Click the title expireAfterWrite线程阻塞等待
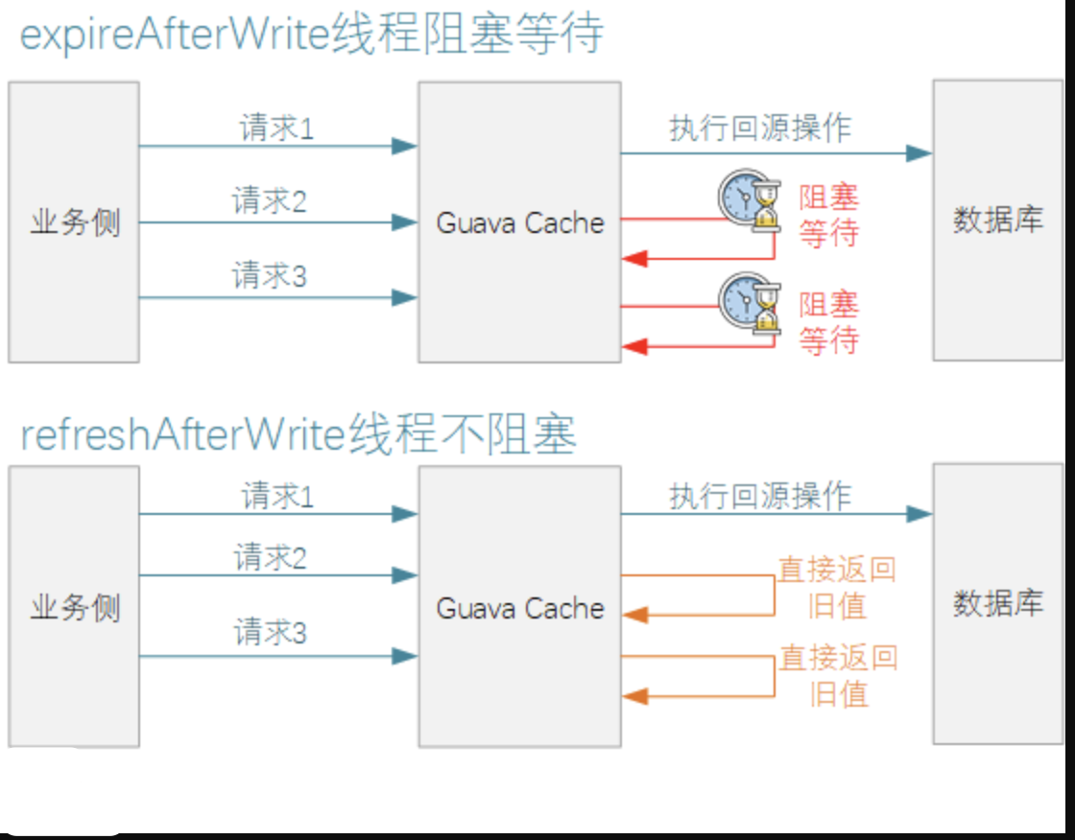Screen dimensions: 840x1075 pyautogui.click(x=312, y=35)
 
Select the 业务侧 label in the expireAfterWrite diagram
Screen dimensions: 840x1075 pyautogui.click(x=75, y=222)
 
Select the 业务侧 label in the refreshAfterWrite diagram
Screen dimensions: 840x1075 pyautogui.click(x=75, y=608)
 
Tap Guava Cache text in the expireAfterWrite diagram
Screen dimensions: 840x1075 pyautogui.click(x=520, y=222)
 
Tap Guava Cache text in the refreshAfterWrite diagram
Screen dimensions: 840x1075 pyautogui.click(x=520, y=608)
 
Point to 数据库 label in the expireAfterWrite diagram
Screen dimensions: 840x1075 pyautogui.click(x=997, y=221)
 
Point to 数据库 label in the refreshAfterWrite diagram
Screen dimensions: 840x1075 pyautogui.click(x=997, y=604)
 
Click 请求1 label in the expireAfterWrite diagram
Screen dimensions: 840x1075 pyautogui.click(x=276, y=128)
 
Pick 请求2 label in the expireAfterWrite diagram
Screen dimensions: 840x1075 pyautogui.click(x=270, y=201)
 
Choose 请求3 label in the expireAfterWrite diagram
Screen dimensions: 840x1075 pyautogui.click(x=270, y=276)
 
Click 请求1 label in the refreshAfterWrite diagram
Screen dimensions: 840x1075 pyautogui.click(x=277, y=497)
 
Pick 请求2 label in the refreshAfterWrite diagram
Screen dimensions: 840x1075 pyautogui.click(x=271, y=557)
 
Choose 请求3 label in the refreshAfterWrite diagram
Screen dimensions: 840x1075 pyautogui.click(x=271, y=633)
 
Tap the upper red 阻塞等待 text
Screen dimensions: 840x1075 pyautogui.click(x=828, y=216)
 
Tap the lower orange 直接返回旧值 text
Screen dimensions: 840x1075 pyautogui.click(x=838, y=675)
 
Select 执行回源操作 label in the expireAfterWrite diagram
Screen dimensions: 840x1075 pyautogui.click(x=760, y=128)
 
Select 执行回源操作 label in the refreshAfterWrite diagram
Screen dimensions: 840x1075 pyautogui.click(x=760, y=496)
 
